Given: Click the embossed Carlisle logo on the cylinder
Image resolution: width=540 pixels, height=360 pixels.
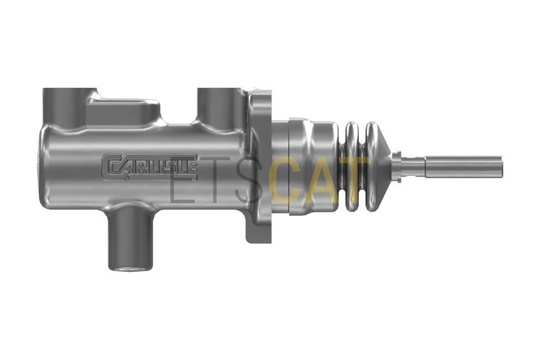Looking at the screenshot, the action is (150, 167).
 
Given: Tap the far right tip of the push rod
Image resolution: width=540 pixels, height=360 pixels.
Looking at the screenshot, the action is (502, 167).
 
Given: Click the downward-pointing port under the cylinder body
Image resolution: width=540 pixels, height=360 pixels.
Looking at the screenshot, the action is (131, 237).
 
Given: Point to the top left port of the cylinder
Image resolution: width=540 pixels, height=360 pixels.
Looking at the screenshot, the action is (65, 107).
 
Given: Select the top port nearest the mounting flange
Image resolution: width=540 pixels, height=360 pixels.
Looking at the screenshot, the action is (220, 107).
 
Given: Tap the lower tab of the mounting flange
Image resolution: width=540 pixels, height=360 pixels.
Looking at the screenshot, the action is (258, 232).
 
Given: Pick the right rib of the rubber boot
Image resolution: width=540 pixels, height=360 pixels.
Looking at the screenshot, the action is (371, 166).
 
